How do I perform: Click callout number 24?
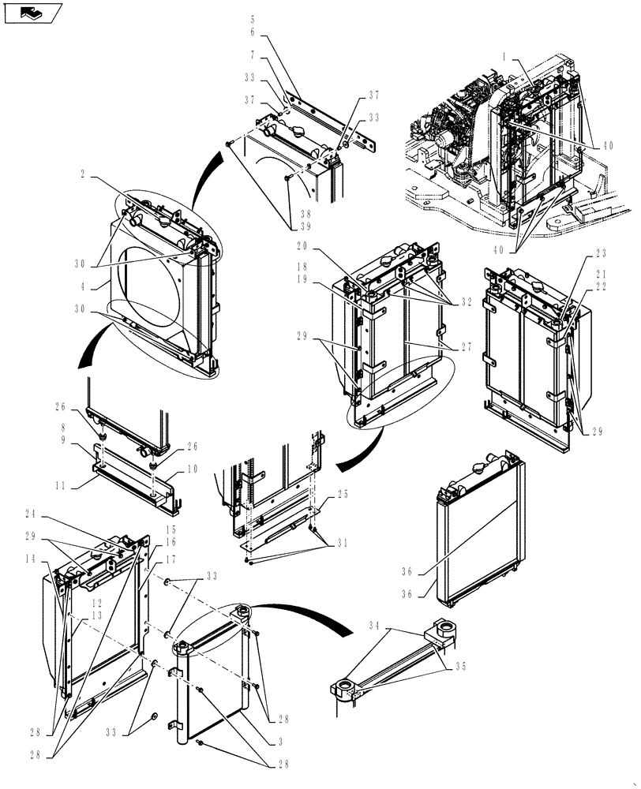click(x=53, y=513)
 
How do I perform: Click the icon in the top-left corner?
click(x=32, y=12)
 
